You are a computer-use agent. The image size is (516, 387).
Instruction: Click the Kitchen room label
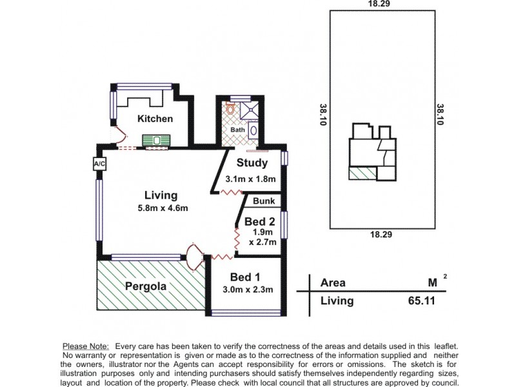(155, 119)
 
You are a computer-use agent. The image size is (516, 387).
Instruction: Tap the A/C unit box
(99, 164)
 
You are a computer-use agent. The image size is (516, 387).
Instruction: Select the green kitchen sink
(155, 140)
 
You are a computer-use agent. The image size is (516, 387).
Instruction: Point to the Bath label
(237, 130)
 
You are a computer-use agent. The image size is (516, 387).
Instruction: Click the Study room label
(252, 163)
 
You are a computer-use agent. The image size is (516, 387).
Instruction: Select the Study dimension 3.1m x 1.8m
(250, 179)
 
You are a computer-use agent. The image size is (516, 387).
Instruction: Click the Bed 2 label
(260, 221)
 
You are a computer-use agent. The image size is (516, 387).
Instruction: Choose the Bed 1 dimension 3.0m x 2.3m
(248, 290)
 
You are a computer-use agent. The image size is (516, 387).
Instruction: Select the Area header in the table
(333, 283)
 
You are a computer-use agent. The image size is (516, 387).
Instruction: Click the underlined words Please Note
(85, 346)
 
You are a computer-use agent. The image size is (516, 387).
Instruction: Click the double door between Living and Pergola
(193, 256)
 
